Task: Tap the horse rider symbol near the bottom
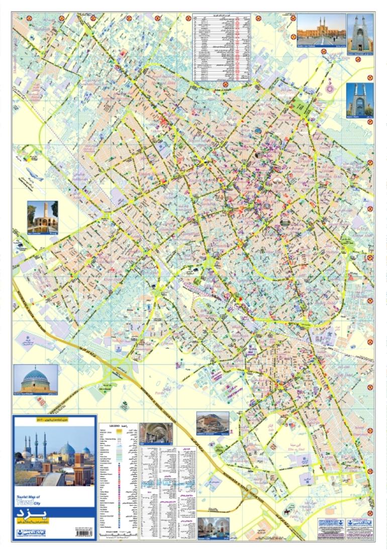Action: point(286,511)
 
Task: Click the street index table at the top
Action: point(222,48)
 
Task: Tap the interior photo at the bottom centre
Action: point(214,528)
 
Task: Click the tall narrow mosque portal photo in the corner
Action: point(360,33)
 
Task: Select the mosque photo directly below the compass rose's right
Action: point(360,100)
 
